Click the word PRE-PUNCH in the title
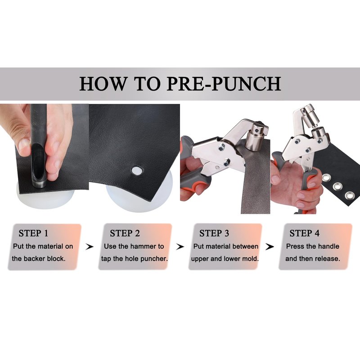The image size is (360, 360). pos(224,84)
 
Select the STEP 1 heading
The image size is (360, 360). pos(33,233)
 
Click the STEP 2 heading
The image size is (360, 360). pos(125,233)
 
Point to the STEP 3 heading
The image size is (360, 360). pos(214,233)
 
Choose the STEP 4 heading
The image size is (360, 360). pos(305,233)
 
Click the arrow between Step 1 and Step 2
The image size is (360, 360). pos(90,247)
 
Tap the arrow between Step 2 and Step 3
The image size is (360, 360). pos(180,247)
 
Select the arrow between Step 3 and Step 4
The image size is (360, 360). pos(270,247)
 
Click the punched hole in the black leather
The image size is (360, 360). pos(137,171)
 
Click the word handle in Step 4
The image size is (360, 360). pos(328,246)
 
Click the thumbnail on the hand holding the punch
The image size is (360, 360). pos(24,145)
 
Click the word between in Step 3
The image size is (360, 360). pos(245,246)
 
